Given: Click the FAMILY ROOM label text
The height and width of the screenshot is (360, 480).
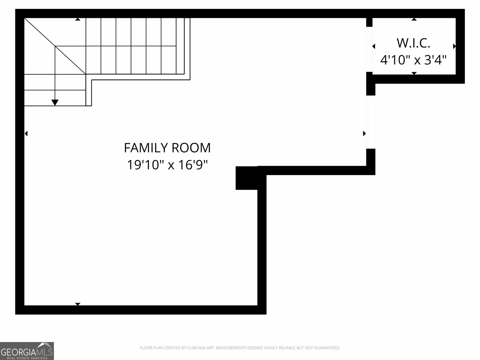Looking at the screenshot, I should pos(167,148).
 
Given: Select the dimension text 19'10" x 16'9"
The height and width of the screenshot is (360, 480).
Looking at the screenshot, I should pos(167,165).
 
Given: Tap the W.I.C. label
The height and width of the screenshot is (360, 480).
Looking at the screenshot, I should pos(413,43).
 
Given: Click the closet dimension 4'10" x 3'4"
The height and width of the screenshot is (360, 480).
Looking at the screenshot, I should pos(413,60).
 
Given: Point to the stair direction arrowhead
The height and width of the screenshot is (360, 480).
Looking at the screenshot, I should pos(55,103).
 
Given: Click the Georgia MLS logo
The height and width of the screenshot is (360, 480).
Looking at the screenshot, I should pos(27,351).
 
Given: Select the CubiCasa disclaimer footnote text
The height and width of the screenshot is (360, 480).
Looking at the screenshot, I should pos(240,348).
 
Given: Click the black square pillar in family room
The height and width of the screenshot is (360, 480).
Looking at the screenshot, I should pos(246,178).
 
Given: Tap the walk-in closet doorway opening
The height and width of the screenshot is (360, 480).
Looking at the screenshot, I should pos(369,49).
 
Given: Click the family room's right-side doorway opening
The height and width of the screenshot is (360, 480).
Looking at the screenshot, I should pos(370,122).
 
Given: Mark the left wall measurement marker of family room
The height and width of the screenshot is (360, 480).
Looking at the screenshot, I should pos(26,133).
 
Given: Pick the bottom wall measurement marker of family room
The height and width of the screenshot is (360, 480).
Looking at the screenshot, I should pos(78,304).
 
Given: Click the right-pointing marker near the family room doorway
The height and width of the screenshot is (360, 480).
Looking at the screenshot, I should pos(364,133).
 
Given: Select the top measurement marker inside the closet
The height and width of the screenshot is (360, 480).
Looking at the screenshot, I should pos(414,19).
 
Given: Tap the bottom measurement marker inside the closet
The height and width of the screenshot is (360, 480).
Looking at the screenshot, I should pos(414,73).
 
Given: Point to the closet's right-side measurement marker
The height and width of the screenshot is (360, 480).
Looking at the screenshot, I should pos(454,46).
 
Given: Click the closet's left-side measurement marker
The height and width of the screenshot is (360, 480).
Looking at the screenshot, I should pos(374,46).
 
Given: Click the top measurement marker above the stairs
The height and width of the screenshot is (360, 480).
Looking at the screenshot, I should pos(78,19).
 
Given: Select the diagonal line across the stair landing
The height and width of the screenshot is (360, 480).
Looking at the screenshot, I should pos(55,46).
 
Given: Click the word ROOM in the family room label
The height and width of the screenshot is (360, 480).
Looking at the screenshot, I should pos(191,148).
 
